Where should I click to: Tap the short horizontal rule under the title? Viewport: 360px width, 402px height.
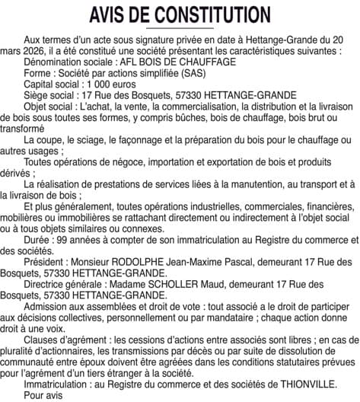pos(180,28)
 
